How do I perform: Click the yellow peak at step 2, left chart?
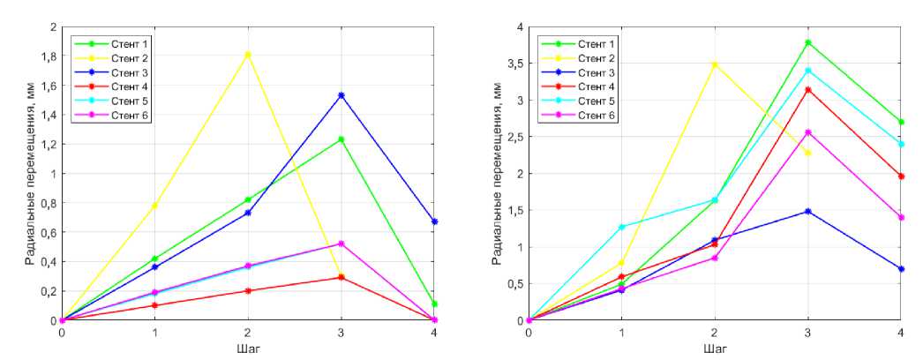[x=248, y=55]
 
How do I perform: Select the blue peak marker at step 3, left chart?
[x=341, y=95]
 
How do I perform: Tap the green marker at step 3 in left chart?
[x=341, y=139]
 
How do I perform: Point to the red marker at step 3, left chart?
[x=341, y=278]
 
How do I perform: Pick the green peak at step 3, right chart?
[x=807, y=42]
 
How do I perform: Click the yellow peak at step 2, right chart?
[x=715, y=64]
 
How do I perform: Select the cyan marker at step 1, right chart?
[x=621, y=227]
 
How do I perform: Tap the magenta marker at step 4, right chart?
[x=901, y=217]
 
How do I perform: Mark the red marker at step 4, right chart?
[x=901, y=176]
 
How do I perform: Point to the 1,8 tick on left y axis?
[x=47, y=56]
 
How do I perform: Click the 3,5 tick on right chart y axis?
[x=514, y=64]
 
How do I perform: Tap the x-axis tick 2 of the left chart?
[x=248, y=333]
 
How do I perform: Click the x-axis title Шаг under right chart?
[x=715, y=348]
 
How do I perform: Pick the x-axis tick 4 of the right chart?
[x=901, y=333]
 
